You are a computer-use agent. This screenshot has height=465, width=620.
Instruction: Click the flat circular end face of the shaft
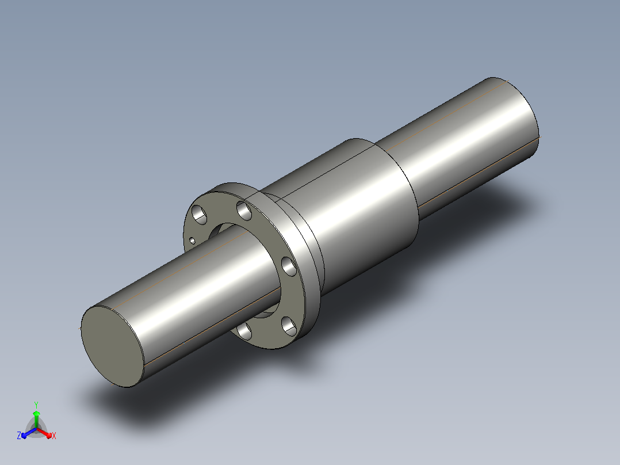click(113, 346)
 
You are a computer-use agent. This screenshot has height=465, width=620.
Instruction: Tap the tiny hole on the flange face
click(193, 240)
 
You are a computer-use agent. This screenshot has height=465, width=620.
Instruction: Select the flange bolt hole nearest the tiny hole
click(200, 215)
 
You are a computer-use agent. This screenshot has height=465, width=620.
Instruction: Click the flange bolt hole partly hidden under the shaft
click(245, 331)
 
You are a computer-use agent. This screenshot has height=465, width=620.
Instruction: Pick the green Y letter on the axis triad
click(36, 405)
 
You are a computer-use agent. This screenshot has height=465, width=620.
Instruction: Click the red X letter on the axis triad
click(54, 436)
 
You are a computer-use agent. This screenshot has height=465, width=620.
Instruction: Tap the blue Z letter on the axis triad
click(18, 436)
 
